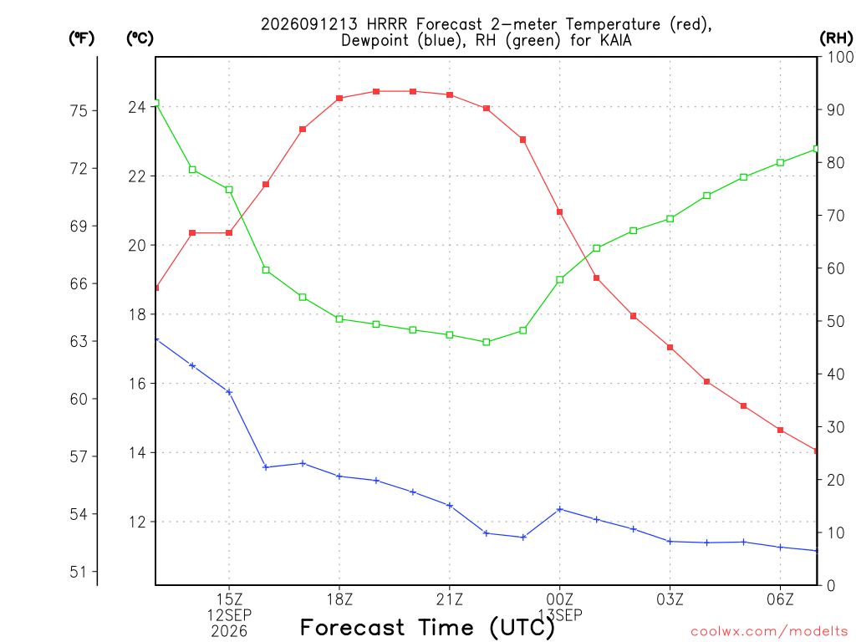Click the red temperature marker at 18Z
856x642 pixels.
pos(339,99)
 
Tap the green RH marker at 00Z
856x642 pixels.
pos(559,279)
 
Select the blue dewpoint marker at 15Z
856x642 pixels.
pos(229,392)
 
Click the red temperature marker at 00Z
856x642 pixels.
pos(559,211)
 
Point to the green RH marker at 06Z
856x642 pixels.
pos(780,162)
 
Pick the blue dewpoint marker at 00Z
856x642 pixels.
pos(559,509)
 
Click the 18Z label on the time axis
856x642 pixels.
pos(339,599)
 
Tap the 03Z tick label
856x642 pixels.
pos(670,599)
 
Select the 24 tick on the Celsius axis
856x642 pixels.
pos(137,107)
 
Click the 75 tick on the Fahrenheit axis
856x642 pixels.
pos(79,111)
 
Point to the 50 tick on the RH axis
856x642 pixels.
pos(835,321)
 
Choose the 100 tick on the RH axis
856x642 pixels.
pos(839,57)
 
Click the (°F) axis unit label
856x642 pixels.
pos(81,38)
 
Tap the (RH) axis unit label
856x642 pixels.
pos(836,38)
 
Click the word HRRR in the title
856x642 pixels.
pos(386,24)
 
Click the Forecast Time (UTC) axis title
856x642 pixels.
pos(427,628)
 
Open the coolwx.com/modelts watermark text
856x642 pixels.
pos(769,632)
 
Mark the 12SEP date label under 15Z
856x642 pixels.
pos(229,615)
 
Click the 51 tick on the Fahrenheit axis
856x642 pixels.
pos(79,572)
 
